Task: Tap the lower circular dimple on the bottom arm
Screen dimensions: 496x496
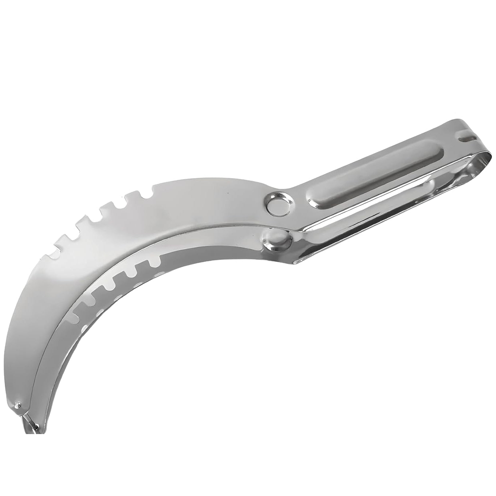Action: pyautogui.click(x=281, y=240)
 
